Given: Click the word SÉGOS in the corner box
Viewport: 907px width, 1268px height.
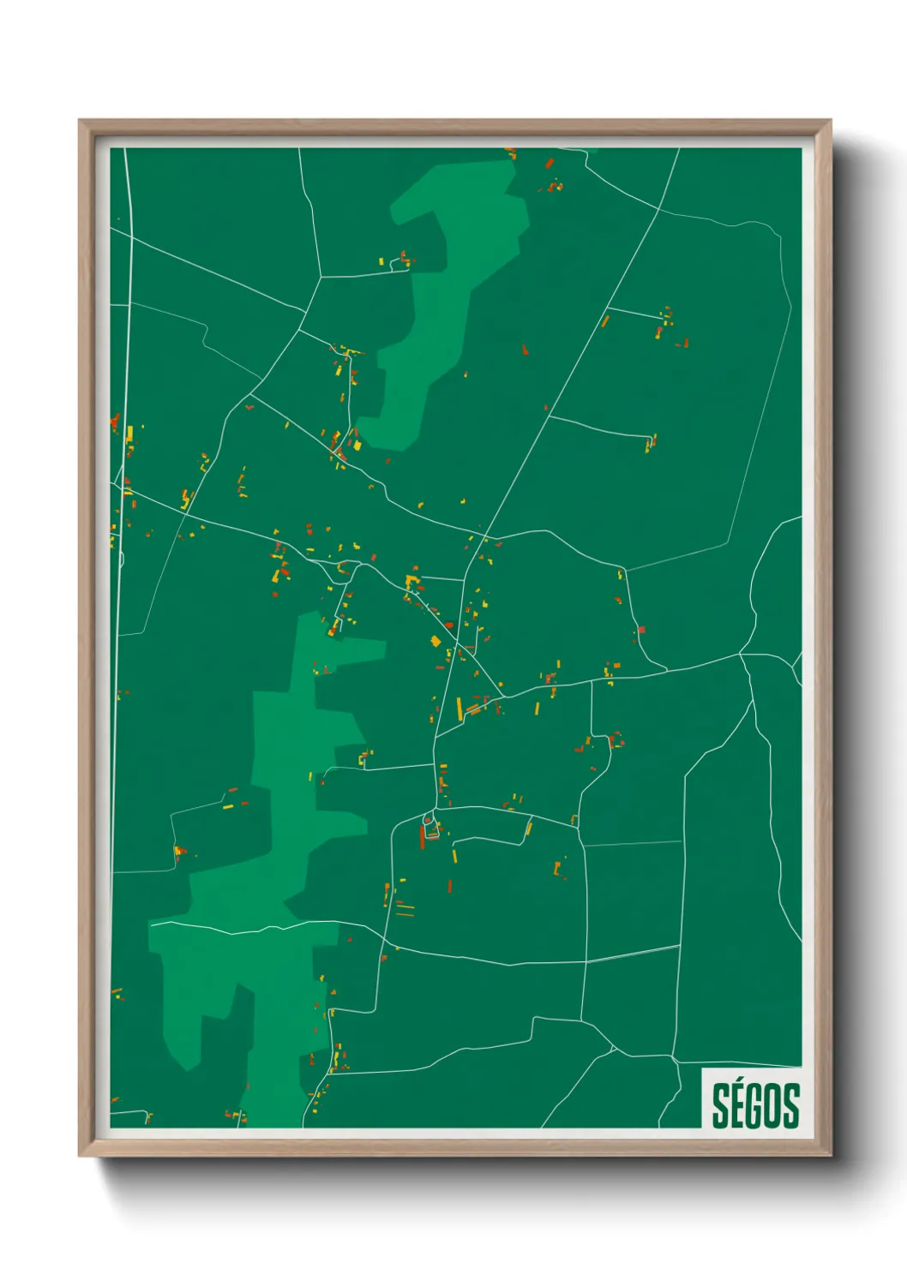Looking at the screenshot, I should coord(755,1105).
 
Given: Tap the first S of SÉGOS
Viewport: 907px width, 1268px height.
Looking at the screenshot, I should coord(722,1106).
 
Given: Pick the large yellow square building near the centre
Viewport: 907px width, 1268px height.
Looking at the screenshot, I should coord(435,641).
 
